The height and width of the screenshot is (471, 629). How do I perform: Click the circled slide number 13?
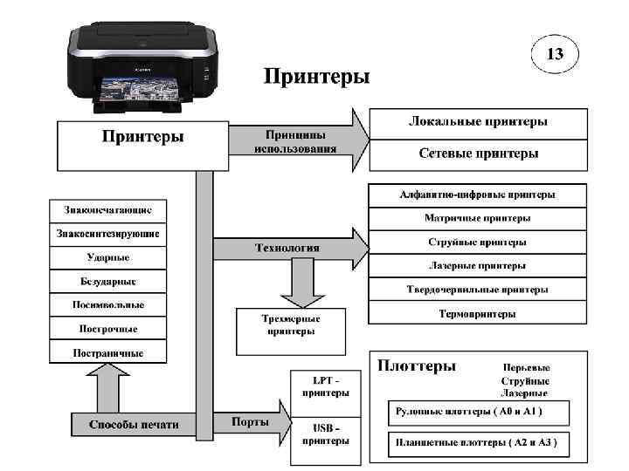[x=555, y=55]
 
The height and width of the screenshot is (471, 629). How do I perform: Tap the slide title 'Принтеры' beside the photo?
[x=317, y=77]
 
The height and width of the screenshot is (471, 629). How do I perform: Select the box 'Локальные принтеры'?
[x=478, y=121]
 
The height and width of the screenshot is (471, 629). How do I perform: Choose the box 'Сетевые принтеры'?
[x=478, y=154]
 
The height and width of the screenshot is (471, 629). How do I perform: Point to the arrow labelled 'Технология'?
[x=288, y=248]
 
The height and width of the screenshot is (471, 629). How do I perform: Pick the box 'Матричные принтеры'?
[x=477, y=218]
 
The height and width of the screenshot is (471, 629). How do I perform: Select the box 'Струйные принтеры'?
[x=477, y=242]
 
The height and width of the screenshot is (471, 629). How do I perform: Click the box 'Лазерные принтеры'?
[x=477, y=265]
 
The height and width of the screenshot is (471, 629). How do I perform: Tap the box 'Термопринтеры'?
[x=477, y=313]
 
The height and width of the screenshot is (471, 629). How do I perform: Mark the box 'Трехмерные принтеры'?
[x=291, y=325]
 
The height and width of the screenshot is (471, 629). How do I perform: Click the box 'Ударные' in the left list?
[x=108, y=257]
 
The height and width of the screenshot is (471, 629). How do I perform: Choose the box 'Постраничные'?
[x=108, y=352]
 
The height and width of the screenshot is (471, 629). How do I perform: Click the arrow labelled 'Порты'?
[x=253, y=423]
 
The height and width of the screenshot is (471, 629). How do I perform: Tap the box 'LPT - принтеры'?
[x=325, y=386]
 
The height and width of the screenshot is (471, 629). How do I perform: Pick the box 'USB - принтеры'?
[x=325, y=433]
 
